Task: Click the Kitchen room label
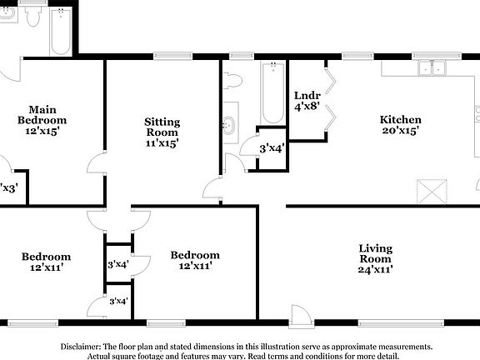coord(400,119)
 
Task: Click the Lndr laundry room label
coord(302,96)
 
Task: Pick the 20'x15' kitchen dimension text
coord(400,131)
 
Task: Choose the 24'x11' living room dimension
coord(375,269)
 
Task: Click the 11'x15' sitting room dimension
coord(162,143)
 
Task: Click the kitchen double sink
coord(432,69)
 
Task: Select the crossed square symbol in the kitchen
coord(433,192)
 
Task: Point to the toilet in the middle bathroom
coord(232,82)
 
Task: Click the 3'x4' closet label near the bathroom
coord(272,148)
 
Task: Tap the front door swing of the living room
coord(297,314)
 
